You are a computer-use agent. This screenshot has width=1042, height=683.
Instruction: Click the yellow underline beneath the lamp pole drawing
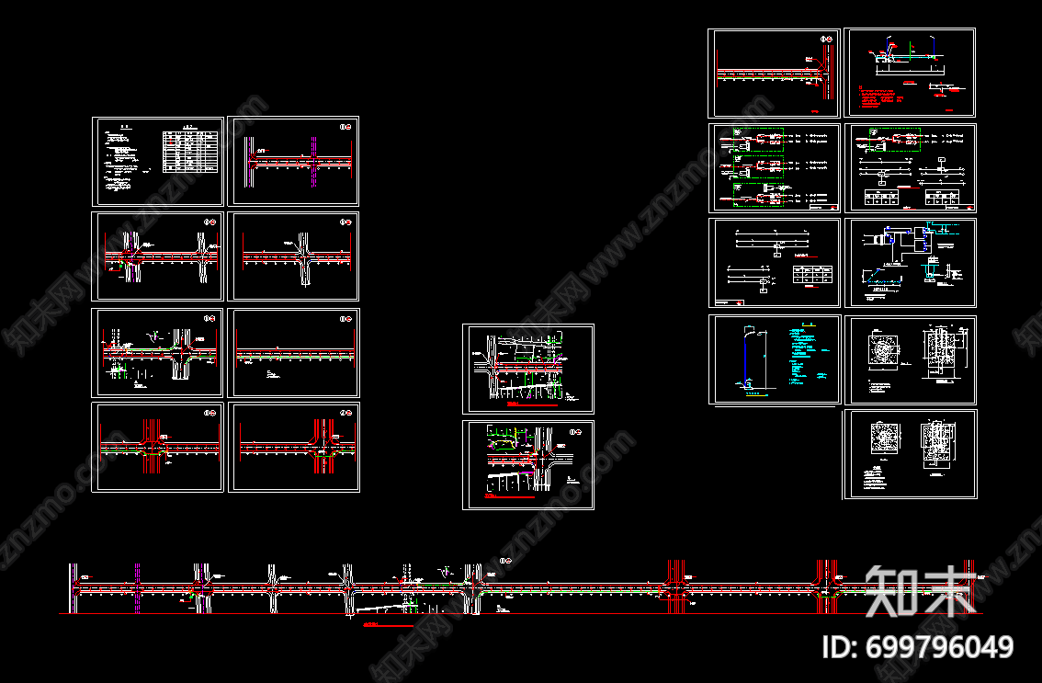(753, 396)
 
